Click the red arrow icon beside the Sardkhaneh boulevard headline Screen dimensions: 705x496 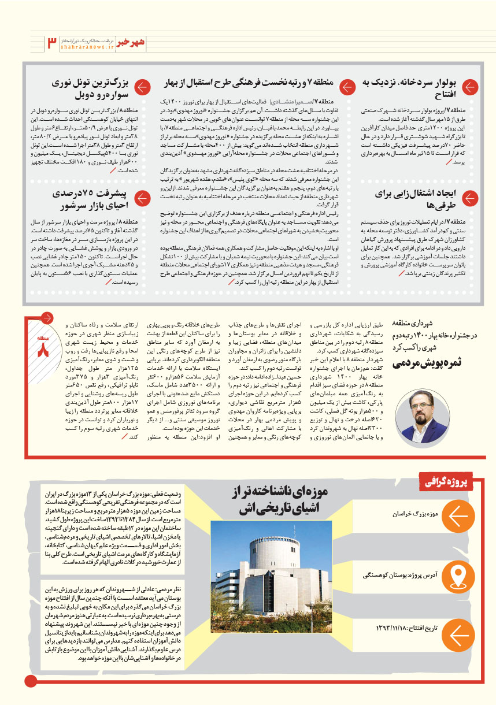[x=471, y=88]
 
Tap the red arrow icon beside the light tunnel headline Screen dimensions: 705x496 [x=142, y=88]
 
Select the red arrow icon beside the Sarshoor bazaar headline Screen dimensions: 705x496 [x=142, y=199]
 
